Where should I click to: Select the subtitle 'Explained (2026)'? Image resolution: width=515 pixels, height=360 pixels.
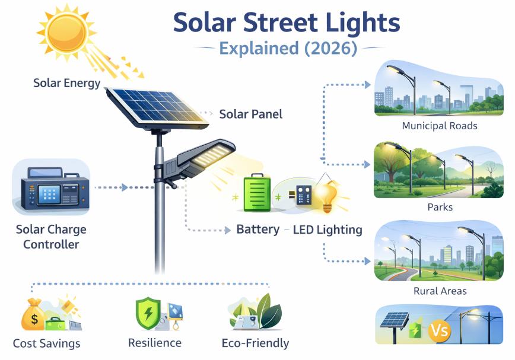tap(288, 48)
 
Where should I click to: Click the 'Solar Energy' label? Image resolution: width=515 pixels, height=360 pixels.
tap(67, 83)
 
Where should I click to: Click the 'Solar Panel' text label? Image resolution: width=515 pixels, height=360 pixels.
tap(250, 114)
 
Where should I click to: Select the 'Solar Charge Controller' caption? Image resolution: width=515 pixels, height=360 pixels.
tap(50, 236)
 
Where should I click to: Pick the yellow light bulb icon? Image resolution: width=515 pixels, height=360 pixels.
tap(326, 196)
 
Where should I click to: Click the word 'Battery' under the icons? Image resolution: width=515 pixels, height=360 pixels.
tap(258, 230)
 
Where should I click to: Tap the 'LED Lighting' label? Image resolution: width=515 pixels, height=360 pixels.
tap(328, 230)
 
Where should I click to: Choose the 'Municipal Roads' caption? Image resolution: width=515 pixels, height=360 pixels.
tap(440, 126)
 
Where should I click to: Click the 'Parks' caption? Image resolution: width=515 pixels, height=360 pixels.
tap(440, 208)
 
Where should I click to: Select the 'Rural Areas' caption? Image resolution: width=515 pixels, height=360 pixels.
tap(440, 291)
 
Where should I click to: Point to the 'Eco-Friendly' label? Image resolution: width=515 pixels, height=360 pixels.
tap(255, 343)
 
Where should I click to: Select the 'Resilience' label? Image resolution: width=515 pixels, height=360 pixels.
tap(155, 343)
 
